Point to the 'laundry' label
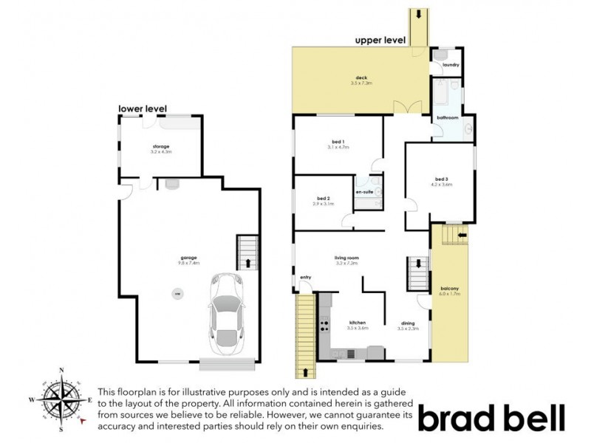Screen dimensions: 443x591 click(x=451, y=65)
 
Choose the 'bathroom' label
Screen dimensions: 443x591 click(x=447, y=118)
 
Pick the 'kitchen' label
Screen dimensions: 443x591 click(x=358, y=323)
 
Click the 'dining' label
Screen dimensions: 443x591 click(x=408, y=323)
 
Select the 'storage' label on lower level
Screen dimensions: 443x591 click(x=160, y=147)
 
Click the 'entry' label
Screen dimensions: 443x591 click(x=304, y=278)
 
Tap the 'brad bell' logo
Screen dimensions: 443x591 click(x=491, y=417)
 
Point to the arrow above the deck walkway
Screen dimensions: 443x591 click(x=419, y=14)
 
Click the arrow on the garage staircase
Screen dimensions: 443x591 click(x=247, y=262)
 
